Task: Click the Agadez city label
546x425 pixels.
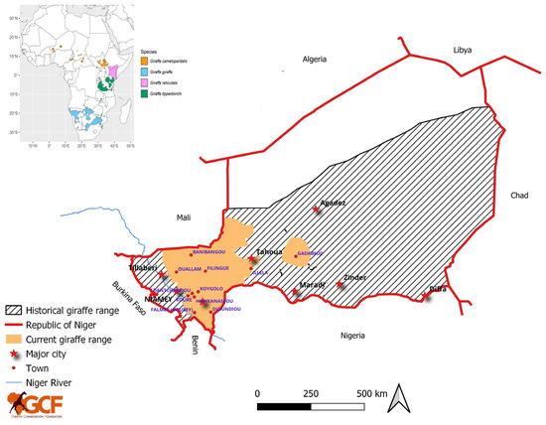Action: click(x=333, y=202)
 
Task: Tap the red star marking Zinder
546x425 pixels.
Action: click(x=341, y=285)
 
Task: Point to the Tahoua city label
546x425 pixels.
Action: click(x=270, y=252)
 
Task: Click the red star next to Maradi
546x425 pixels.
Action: click(x=296, y=295)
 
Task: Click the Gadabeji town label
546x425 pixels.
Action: click(x=310, y=253)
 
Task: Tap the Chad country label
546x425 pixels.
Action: click(x=520, y=195)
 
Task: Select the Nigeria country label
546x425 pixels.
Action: click(x=361, y=335)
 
